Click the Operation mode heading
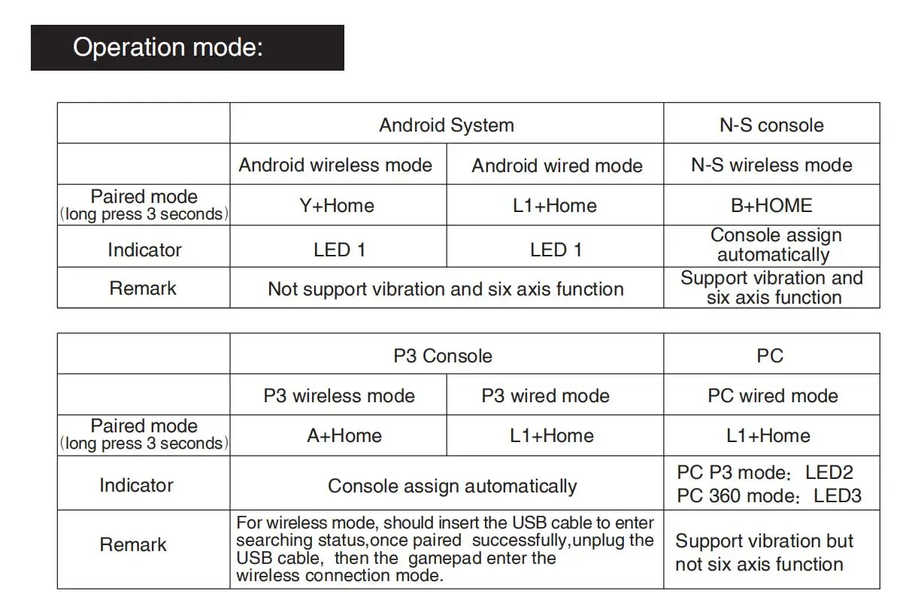[168, 47]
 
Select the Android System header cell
[447, 125]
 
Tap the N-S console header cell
[771, 125]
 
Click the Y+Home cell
[337, 205]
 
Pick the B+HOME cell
[771, 205]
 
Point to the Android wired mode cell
[557, 165]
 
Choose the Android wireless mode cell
[335, 165]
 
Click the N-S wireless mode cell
[771, 165]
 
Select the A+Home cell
[344, 435]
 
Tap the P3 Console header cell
[443, 356]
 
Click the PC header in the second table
[770, 356]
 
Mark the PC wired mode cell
[772, 395]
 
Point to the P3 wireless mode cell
[338, 395]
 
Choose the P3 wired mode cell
[545, 395]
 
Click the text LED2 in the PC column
[829, 473]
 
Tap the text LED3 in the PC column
[838, 496]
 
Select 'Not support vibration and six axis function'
[446, 289]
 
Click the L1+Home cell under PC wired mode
[768, 435]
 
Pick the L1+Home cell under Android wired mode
[555, 205]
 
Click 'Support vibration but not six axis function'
[764, 553]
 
